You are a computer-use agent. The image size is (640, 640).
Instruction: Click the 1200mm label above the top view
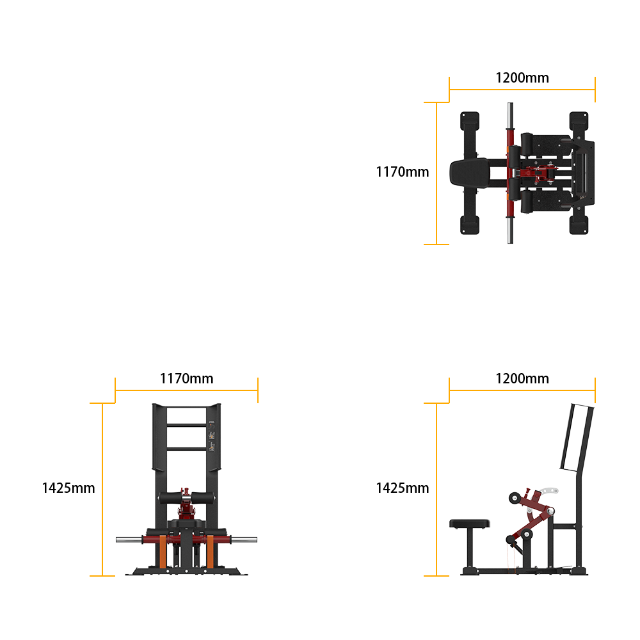coord(522,78)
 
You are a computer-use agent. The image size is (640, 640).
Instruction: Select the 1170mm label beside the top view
coord(403,172)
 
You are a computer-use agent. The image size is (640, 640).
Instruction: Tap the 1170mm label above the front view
coord(186,379)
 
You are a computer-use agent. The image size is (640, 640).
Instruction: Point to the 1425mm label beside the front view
coord(68,488)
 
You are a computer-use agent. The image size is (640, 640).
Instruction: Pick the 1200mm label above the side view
coord(522,379)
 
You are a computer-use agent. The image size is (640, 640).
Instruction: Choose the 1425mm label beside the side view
coord(403,488)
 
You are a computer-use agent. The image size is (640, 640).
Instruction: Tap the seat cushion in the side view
coord(470,524)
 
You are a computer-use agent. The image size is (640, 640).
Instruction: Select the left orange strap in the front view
coord(163,552)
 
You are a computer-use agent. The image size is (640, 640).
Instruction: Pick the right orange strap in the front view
coord(210,552)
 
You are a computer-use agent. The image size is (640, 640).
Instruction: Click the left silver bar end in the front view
coord(129,540)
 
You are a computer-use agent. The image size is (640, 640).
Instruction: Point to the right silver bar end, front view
coord(244,540)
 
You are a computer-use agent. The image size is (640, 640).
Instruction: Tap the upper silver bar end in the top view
coord(510,115)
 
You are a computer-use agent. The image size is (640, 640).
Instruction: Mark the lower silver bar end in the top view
coord(510,230)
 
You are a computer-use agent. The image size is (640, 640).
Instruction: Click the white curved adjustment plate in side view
coord(548,491)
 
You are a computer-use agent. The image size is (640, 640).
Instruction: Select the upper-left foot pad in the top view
coord(470,121)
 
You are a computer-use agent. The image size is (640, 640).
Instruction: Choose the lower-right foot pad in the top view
coord(579,225)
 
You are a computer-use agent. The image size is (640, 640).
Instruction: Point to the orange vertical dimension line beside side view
coord(436,490)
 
